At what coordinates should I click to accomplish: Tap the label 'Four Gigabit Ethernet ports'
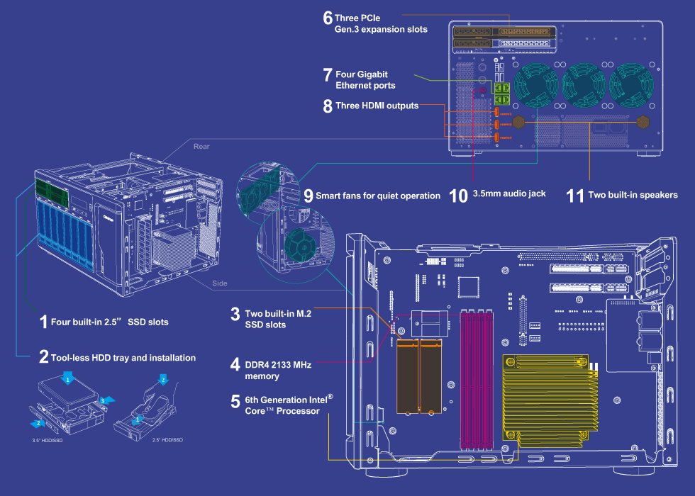click(365, 79)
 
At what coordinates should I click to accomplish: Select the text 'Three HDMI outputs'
click(377, 106)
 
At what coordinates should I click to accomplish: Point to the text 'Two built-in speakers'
click(633, 195)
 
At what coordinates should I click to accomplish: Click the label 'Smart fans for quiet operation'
click(378, 196)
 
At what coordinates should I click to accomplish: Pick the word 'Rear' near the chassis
click(201, 147)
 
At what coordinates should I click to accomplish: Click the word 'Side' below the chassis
click(220, 283)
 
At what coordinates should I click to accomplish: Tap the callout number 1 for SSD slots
click(44, 321)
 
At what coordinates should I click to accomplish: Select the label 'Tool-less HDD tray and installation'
click(123, 358)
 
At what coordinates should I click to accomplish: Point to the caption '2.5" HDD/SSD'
click(167, 440)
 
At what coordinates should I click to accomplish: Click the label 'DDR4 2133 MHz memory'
click(278, 370)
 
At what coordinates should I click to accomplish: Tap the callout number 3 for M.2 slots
click(235, 314)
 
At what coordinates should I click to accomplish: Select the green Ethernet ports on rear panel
click(503, 93)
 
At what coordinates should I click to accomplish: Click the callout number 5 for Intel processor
click(235, 402)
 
